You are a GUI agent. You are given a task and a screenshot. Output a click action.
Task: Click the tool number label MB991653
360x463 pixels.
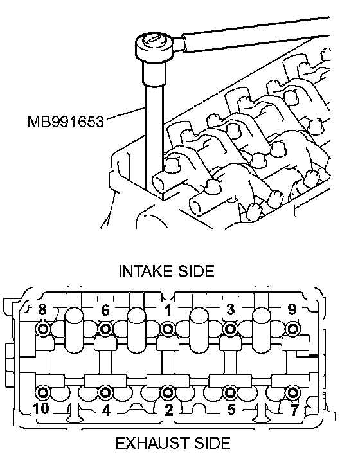pyautogui.click(x=66, y=122)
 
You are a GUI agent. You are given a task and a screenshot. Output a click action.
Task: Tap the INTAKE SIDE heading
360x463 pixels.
pyautogui.click(x=166, y=271)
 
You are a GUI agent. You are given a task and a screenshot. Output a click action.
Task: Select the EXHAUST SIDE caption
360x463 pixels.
pyautogui.click(x=173, y=443)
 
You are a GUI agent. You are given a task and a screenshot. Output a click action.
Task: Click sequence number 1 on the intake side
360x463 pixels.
pyautogui.click(x=168, y=311)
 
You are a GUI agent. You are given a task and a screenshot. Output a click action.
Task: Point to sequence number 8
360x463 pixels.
pyautogui.click(x=42, y=310)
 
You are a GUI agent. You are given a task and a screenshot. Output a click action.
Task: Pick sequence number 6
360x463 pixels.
pyautogui.click(x=105, y=311)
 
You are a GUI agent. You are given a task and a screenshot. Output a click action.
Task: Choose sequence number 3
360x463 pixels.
pyautogui.click(x=230, y=309)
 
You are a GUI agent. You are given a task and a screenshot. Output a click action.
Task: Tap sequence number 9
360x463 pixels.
pyautogui.click(x=292, y=309)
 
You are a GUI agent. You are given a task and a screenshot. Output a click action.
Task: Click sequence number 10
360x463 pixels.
pyautogui.click(x=41, y=409)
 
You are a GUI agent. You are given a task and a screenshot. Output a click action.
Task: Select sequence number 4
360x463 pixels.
pyautogui.click(x=106, y=410)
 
